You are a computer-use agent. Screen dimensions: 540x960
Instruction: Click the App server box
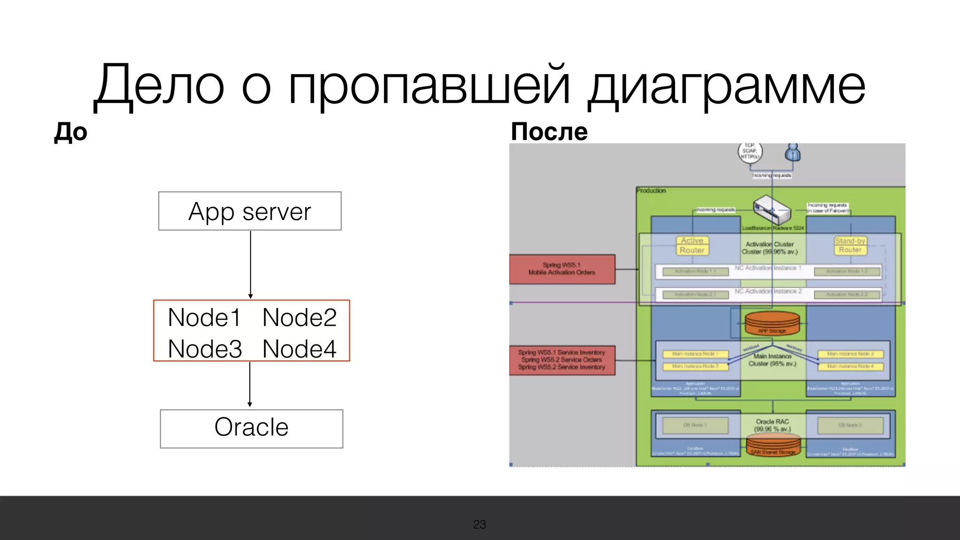[250, 211]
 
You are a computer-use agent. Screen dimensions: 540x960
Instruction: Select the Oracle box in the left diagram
[251, 428]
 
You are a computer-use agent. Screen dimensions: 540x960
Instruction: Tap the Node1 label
[204, 317]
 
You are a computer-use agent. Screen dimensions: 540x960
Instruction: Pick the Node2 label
[300, 317]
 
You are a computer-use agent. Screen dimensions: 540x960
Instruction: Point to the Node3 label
[205, 349]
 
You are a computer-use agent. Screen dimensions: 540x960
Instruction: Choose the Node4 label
[300, 349]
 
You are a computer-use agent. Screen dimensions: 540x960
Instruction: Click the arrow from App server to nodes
[251, 264]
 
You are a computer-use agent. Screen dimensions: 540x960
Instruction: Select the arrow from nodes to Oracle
[250, 384]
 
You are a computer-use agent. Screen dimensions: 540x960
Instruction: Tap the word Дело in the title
[159, 86]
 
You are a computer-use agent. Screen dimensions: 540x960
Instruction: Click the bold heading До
[71, 132]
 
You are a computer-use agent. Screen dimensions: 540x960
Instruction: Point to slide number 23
[480, 524]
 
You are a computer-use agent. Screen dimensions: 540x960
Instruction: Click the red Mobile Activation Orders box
[562, 269]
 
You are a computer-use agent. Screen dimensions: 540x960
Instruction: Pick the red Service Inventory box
[562, 360]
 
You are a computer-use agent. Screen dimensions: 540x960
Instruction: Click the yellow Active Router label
[692, 245]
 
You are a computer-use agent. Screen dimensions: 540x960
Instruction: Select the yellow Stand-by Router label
[850, 245]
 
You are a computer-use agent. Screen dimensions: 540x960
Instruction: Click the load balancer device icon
[771, 210]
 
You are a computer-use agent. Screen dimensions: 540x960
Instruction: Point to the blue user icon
[793, 152]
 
